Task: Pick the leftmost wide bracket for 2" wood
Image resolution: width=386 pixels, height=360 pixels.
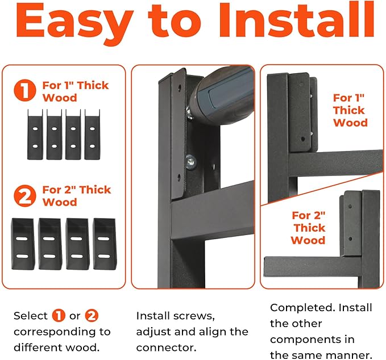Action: click(x=23, y=243)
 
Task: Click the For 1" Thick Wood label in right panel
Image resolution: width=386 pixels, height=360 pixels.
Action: click(x=350, y=110)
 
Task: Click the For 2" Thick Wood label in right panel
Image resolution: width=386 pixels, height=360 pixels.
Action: click(x=308, y=228)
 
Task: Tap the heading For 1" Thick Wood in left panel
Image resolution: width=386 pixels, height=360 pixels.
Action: click(x=76, y=91)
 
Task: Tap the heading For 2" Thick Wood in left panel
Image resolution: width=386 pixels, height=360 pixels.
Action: click(x=76, y=196)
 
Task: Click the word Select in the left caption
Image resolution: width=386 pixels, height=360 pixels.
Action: click(x=30, y=315)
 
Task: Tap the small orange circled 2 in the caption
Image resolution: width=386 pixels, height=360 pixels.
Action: click(x=92, y=315)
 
